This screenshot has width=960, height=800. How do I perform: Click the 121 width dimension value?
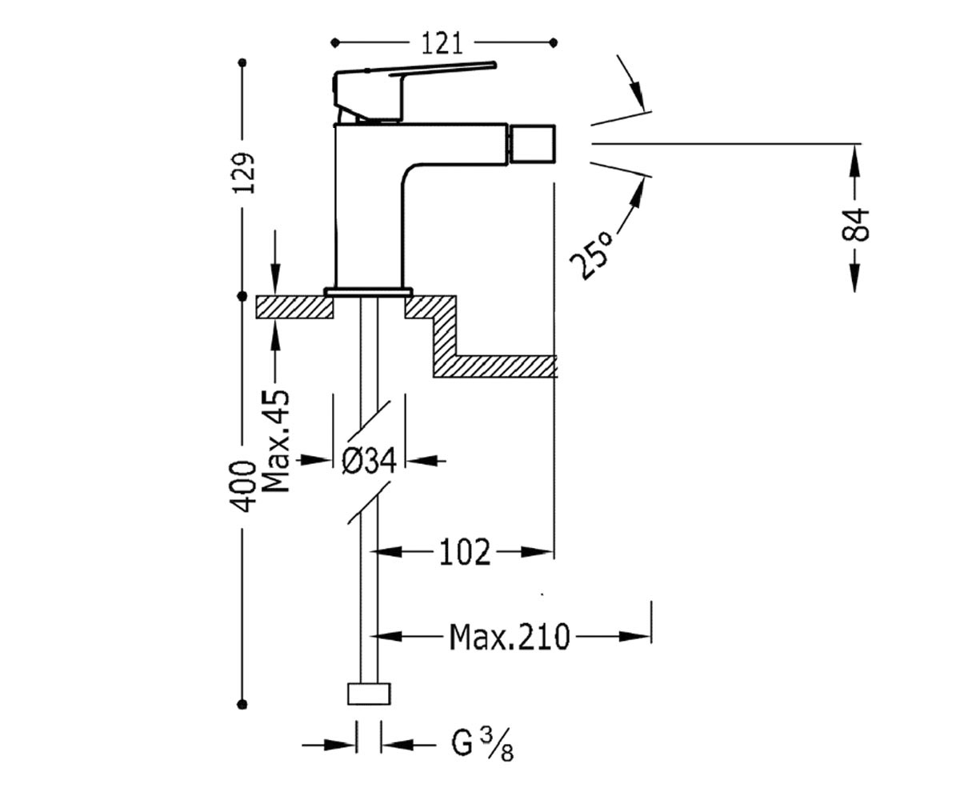[442, 44]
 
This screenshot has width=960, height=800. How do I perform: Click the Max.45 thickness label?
[277, 442]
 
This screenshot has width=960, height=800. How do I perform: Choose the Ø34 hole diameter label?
[369, 461]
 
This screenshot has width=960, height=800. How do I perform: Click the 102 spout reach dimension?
[465, 553]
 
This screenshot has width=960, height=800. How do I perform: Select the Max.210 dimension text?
[510, 638]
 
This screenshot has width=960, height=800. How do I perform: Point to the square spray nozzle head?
[532, 144]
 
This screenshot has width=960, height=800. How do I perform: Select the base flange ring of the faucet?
[369, 292]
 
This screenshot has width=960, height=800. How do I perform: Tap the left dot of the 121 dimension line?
[335, 43]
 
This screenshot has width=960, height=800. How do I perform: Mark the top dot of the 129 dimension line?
[242, 62]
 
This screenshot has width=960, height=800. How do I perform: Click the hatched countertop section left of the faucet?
[294, 307]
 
